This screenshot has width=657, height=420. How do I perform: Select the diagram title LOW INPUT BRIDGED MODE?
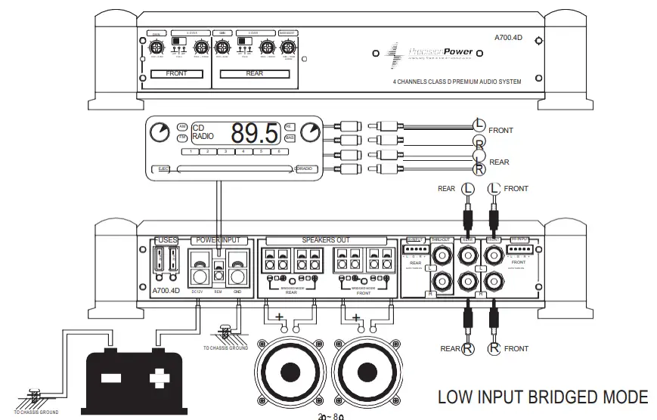[543, 397]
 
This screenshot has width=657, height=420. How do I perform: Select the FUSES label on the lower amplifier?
[166, 239]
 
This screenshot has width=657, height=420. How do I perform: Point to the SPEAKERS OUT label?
[328, 239]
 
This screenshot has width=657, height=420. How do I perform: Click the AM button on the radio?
[182, 126]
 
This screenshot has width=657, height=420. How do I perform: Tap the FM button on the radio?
[182, 138]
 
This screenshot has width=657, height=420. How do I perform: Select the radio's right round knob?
[310, 133]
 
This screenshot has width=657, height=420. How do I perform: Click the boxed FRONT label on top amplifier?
[176, 74]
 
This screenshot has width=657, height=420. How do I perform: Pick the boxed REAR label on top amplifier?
[254, 74]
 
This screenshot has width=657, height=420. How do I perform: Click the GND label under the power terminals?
[237, 290]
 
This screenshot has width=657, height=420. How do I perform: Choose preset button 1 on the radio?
[194, 152]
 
